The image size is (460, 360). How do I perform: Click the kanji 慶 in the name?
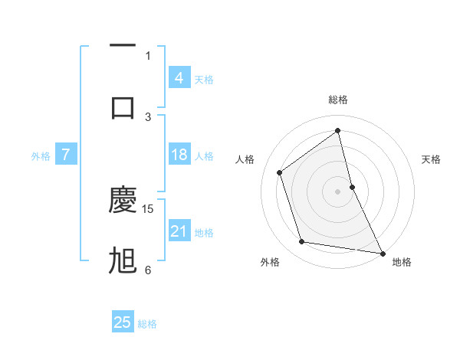[123, 198]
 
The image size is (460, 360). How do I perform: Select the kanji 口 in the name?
[123, 106]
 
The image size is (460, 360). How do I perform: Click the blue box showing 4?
[179, 78]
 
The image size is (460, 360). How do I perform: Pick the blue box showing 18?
[179, 155]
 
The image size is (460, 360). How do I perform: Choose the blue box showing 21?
[179, 231]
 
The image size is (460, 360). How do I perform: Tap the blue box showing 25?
[123, 322]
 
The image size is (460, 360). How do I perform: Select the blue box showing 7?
[66, 155]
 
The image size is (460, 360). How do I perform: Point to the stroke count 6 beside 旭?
[148, 270]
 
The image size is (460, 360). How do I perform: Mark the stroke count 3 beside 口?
[148, 116]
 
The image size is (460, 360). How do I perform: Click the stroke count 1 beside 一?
[148, 55]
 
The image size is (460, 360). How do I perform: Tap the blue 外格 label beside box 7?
[41, 156]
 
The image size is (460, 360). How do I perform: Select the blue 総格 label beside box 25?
[147, 324]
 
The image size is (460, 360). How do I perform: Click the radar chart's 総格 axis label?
[338, 100]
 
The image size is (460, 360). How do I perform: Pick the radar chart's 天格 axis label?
[432, 159]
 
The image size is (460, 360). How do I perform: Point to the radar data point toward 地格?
[382, 252]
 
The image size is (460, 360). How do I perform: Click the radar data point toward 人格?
[280, 172]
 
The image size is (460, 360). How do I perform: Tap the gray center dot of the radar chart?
[338, 191]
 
